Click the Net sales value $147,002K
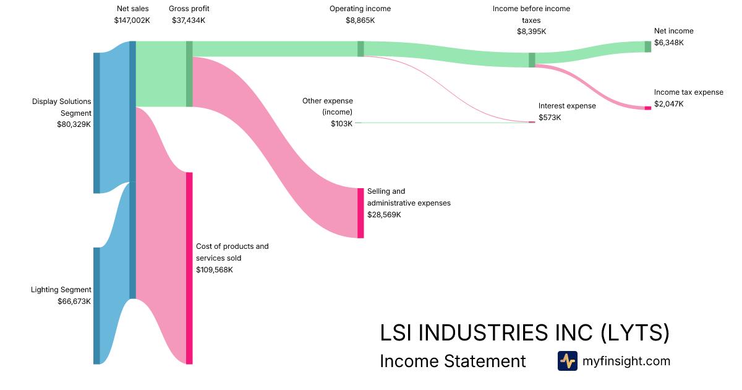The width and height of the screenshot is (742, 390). click(x=132, y=20)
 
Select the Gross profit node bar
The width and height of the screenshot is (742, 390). click(x=189, y=74)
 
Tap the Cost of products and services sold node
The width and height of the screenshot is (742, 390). click(x=189, y=268)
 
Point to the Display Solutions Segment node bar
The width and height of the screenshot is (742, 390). click(x=96, y=123)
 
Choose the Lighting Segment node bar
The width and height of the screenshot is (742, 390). click(x=96, y=306)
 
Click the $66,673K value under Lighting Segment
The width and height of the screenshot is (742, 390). click(x=73, y=301)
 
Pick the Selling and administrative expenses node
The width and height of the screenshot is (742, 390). click(x=360, y=213)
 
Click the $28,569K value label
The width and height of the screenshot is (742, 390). click(x=384, y=215)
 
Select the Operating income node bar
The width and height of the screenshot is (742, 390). click(x=360, y=49)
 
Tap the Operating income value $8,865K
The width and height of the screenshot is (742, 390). click(x=360, y=20)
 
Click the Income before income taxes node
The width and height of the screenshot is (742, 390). click(x=532, y=60)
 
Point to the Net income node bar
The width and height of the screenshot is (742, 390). click(x=648, y=46)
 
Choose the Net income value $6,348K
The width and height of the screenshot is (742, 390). click(x=669, y=43)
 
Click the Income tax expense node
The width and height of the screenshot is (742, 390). click(x=648, y=108)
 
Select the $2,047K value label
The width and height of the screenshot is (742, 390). click(x=669, y=104)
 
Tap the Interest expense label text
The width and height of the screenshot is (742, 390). click(x=567, y=106)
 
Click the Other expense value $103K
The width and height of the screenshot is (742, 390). click(x=341, y=124)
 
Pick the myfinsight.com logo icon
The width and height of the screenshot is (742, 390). click(x=567, y=361)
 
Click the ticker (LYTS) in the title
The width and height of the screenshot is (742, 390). click(x=635, y=333)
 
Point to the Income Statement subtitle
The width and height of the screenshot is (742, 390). click(x=453, y=361)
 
